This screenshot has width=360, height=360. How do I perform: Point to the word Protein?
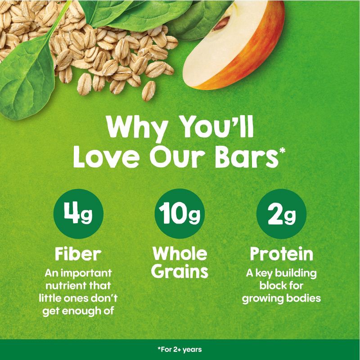(x=281, y=254)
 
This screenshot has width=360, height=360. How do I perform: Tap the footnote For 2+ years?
(x=180, y=349)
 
